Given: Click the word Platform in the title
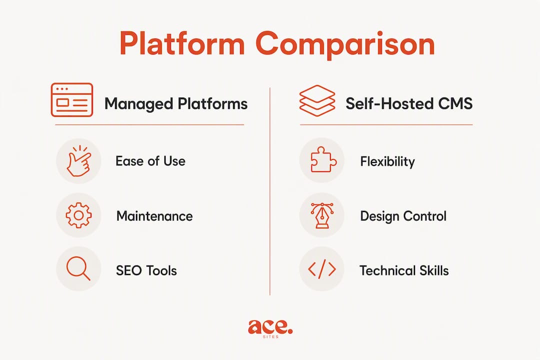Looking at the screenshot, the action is click(182, 44).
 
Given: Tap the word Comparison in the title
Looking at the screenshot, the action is click(345, 45).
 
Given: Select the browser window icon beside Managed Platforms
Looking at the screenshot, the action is click(72, 100).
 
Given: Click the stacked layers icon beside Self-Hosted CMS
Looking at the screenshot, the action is click(317, 100).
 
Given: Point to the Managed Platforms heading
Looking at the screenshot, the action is click(176, 103).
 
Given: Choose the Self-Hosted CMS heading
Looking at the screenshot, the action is click(409, 103).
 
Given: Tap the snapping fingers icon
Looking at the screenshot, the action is click(79, 161).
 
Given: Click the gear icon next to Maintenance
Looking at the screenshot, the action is click(79, 215).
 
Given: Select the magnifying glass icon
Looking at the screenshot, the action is click(78, 268).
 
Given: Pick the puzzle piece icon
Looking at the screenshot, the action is click(322, 160).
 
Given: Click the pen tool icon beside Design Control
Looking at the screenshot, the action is click(322, 215).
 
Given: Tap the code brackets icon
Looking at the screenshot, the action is click(322, 269).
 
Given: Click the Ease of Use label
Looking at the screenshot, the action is click(150, 161).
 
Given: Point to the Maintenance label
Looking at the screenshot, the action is click(154, 216).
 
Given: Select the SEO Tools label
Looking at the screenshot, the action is click(146, 270).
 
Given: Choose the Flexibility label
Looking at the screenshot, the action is click(387, 161).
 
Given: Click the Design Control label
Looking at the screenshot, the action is click(403, 216).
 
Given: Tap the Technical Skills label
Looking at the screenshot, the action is click(404, 270).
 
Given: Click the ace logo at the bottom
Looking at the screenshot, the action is click(270, 328).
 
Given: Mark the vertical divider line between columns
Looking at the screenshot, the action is click(270, 191).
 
